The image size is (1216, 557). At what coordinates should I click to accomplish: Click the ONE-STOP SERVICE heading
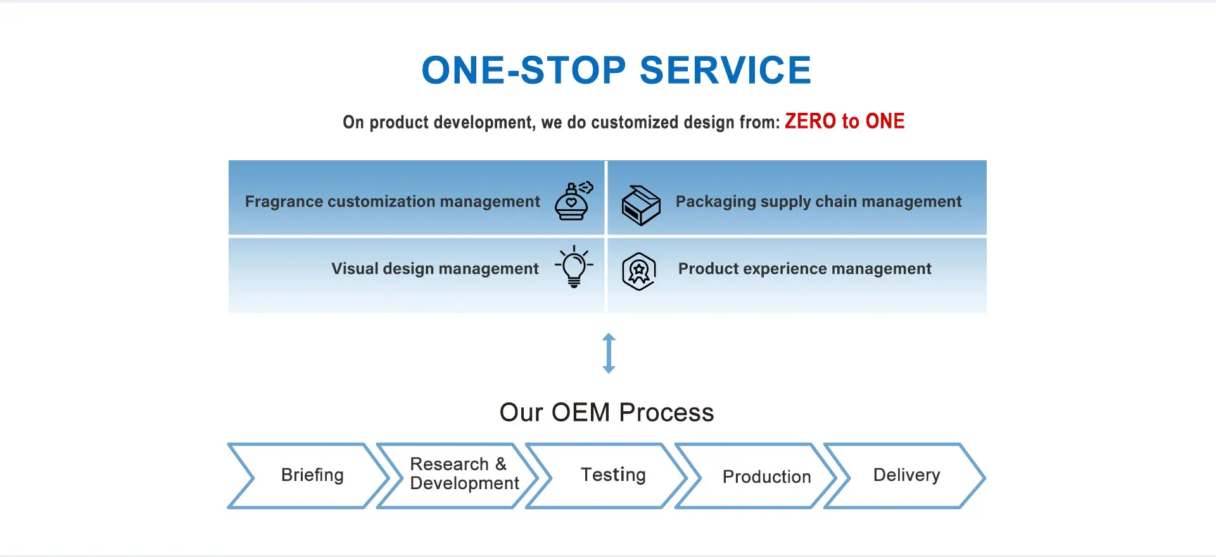[x=616, y=70]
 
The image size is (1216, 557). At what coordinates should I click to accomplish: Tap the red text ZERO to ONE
[x=844, y=121]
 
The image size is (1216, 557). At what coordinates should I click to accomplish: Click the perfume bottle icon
[x=574, y=200]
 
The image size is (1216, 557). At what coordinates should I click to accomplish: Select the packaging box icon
[x=640, y=205]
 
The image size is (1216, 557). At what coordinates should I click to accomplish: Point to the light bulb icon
[x=574, y=267]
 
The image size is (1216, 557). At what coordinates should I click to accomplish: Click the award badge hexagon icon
[x=638, y=272]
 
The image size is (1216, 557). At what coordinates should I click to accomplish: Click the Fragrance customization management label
[x=393, y=202]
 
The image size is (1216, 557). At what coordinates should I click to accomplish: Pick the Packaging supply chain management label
[x=818, y=202]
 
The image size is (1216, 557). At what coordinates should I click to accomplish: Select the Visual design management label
[x=435, y=269]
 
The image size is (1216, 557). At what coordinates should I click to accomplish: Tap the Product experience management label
[x=804, y=269]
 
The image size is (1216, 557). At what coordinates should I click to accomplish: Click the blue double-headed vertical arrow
[x=609, y=353]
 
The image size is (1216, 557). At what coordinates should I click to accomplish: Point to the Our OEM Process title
[x=607, y=413]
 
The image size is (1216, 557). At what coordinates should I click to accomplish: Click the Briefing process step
[x=308, y=475]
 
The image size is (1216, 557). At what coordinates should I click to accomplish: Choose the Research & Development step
[x=458, y=475]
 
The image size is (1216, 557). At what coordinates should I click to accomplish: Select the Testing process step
[x=607, y=475]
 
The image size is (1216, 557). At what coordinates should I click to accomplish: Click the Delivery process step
[x=905, y=475]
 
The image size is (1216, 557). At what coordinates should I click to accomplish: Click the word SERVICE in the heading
[x=725, y=70]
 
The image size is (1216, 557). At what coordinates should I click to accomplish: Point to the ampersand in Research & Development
[x=501, y=464]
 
